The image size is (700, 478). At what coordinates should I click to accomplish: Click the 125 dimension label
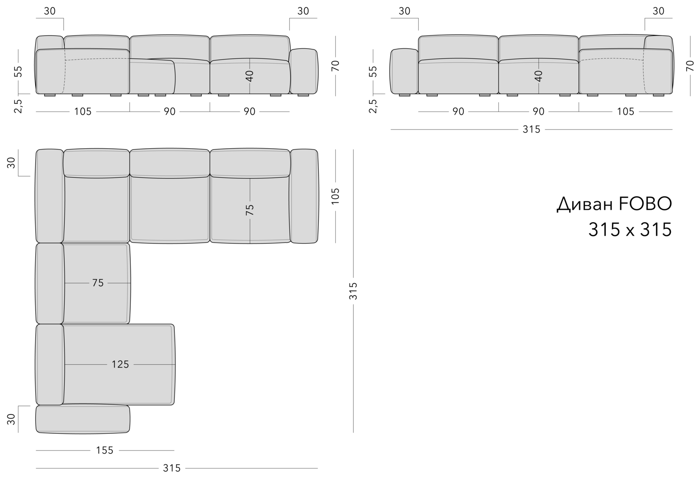[x=120, y=364]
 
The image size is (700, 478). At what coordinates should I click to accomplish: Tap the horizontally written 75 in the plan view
[x=98, y=283]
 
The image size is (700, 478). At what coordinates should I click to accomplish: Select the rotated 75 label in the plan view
[x=250, y=209]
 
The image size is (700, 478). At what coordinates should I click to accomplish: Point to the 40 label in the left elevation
[x=250, y=76]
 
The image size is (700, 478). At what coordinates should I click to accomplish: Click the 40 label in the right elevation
[x=538, y=76]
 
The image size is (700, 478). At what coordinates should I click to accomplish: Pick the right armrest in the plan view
[x=304, y=196]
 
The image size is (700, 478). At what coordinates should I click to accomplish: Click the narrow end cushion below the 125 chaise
[x=82, y=419]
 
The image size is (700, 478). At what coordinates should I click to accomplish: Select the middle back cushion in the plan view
[x=170, y=163]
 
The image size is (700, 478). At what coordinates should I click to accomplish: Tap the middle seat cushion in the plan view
[x=170, y=209]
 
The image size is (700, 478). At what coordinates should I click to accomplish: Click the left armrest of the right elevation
[x=405, y=71]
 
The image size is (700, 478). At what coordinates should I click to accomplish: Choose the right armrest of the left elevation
[x=303, y=71]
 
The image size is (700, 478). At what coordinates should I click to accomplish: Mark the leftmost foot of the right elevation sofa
[x=404, y=95]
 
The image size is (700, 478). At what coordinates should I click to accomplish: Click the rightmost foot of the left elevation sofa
[x=303, y=95]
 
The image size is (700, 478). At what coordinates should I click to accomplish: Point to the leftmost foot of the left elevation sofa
[x=50, y=95]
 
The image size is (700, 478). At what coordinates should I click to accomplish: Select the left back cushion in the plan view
[x=96, y=163]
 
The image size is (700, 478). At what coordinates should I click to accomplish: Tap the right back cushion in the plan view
[x=250, y=163]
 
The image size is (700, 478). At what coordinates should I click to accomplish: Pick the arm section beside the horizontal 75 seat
[x=50, y=283]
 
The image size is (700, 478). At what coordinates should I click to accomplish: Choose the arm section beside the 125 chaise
[x=50, y=364]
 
